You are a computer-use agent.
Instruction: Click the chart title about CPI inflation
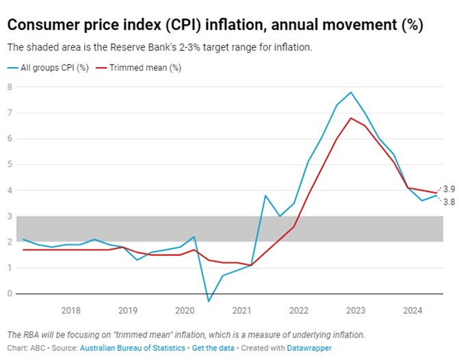pos(215,25)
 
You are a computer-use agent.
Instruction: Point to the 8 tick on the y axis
pos(10,87)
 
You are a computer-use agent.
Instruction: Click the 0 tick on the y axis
pos(10,294)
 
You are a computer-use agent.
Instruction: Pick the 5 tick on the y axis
pos(10,164)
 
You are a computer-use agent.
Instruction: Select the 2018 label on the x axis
pos(70,310)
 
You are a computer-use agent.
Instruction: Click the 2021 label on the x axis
pos(241,310)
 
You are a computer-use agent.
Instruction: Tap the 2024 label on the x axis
pos(412,310)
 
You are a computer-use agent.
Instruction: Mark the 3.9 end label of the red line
pos(449,189)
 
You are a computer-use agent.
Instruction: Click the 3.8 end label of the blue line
pos(449,202)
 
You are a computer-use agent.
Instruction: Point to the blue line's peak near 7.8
pos(351,92)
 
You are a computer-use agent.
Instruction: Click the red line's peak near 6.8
pos(351,118)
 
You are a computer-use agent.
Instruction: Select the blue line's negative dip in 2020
pos(209,301)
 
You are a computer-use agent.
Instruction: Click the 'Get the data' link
pos(213,348)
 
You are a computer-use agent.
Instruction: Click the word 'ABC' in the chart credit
pos(38,348)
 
